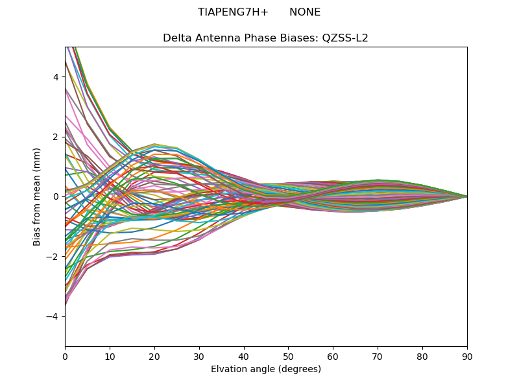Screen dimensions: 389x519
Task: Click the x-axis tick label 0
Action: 65,356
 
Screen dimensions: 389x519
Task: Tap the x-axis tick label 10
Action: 110,356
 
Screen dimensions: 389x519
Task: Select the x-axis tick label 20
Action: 154,356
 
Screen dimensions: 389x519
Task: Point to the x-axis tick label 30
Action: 199,356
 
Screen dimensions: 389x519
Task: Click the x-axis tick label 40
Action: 244,356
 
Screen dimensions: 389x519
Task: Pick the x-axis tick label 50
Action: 288,356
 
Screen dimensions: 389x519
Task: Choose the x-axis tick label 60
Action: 333,356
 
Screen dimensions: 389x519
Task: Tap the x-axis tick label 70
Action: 378,356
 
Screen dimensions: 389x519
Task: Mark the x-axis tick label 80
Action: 422,356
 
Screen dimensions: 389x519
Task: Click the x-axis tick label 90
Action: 467,356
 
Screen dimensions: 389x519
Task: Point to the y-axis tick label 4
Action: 56,77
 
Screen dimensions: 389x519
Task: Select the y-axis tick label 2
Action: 56,137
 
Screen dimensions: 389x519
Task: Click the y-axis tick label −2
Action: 53,257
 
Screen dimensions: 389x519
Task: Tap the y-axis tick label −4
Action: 53,316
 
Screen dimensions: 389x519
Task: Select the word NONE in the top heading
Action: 305,12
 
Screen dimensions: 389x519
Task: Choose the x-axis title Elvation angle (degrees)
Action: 266,370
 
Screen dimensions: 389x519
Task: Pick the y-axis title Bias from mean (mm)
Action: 38,196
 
